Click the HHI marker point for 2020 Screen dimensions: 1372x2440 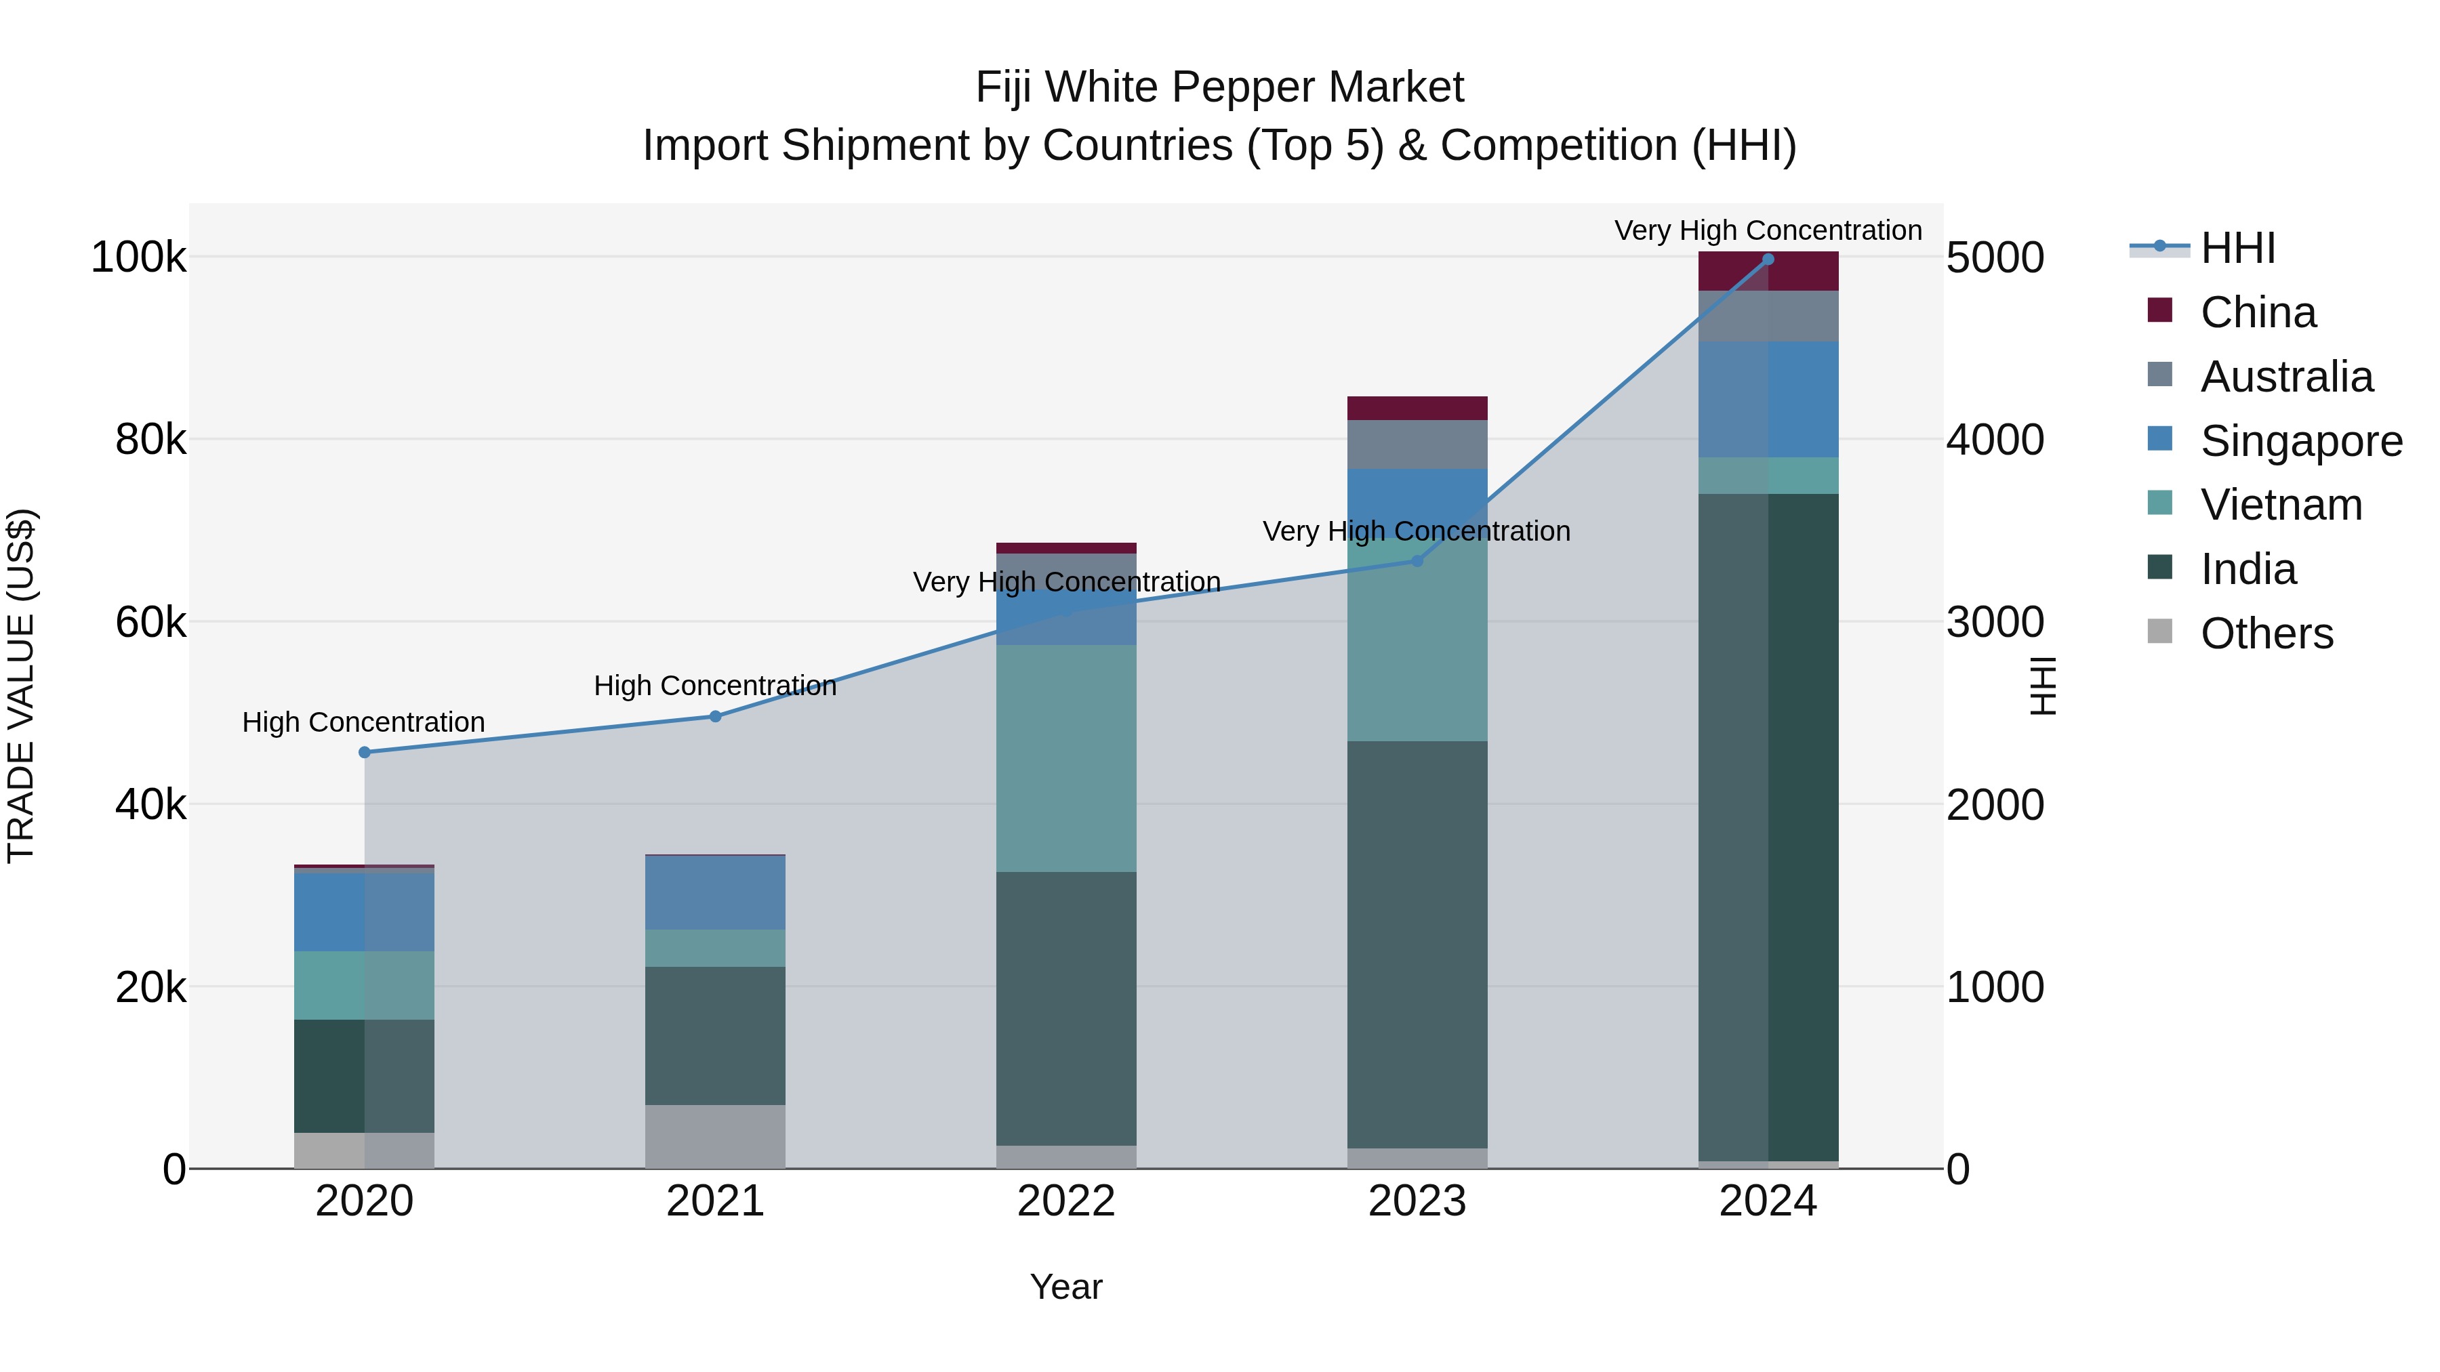[365, 753]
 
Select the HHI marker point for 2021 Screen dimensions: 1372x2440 [715, 717]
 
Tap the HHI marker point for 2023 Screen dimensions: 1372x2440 [1417, 562]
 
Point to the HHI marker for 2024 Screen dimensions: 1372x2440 [1768, 259]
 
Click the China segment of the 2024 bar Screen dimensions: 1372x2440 [1768, 272]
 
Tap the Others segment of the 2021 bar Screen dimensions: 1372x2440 [715, 1136]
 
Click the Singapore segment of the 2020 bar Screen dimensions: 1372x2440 [365, 911]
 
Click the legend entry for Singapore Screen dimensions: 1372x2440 [2301, 441]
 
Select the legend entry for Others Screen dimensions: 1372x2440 [2266, 633]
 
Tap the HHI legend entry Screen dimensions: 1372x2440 [2237, 248]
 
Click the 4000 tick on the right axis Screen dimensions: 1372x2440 [1995, 440]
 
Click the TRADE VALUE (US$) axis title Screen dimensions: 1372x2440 [22, 686]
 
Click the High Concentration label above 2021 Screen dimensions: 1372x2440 [715, 686]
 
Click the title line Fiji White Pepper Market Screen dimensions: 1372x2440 [1219, 87]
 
